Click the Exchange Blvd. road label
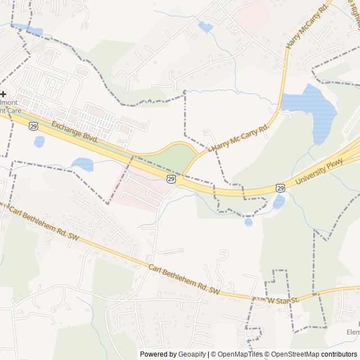click(x=75, y=132)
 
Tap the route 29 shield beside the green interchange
click(x=171, y=179)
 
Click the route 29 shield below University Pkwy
click(x=280, y=188)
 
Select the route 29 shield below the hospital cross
click(x=34, y=128)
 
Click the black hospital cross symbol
click(x=3, y=94)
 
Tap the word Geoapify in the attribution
click(x=192, y=354)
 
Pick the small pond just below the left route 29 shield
click(x=39, y=142)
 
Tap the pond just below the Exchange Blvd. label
click(x=83, y=164)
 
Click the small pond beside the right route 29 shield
click(x=279, y=201)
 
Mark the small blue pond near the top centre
click(x=205, y=27)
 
